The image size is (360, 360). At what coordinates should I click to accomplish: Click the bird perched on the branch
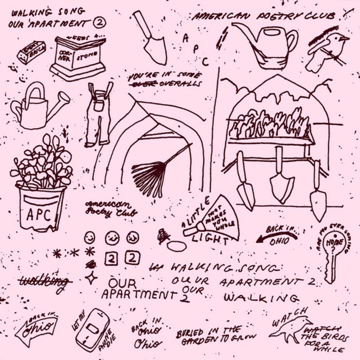(328, 50)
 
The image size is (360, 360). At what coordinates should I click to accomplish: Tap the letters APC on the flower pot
(39, 215)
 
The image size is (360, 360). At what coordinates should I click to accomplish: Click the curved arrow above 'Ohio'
(276, 236)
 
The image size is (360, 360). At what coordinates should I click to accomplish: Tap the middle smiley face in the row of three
(112, 238)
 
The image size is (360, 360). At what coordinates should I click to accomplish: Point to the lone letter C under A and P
(205, 62)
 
